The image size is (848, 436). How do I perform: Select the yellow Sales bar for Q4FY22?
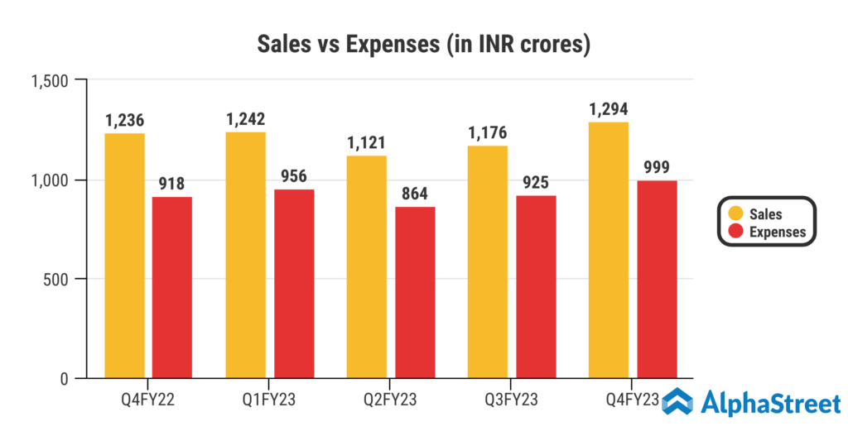(124, 256)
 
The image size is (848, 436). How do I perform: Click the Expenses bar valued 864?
(415, 293)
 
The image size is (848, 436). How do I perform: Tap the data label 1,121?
(366, 143)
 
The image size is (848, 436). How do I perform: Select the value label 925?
(536, 183)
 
